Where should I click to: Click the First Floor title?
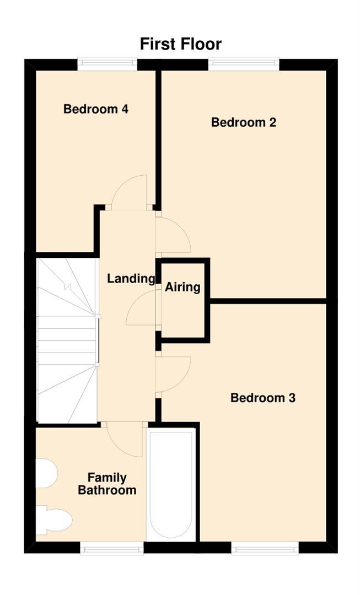(x=180, y=44)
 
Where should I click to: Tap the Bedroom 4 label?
(x=96, y=109)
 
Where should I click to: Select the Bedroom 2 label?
(x=243, y=122)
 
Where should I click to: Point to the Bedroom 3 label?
(x=263, y=398)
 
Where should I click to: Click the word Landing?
(x=131, y=279)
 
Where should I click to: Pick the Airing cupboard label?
(x=182, y=287)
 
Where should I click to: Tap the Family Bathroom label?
(x=107, y=484)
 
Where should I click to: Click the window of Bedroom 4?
(x=107, y=64)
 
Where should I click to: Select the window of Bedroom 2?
(x=243, y=64)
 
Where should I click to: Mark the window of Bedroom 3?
(x=265, y=548)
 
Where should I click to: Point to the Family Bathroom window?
(x=112, y=548)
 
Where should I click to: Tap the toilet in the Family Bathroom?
(x=55, y=520)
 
